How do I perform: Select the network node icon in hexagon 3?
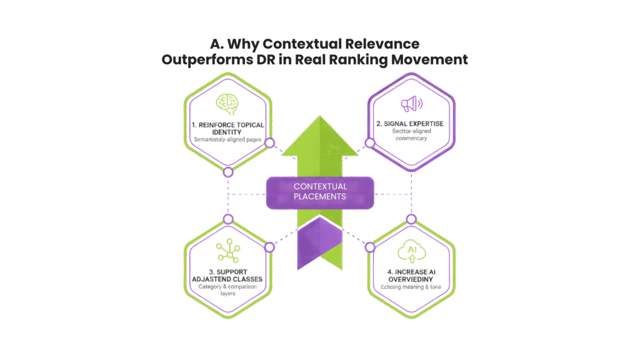[x=229, y=251]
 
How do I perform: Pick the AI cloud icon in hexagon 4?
[x=411, y=250]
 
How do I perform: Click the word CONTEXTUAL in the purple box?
[x=321, y=186]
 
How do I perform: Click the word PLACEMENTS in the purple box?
[x=321, y=196]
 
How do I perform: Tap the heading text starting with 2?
[x=411, y=124]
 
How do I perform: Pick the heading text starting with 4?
[x=410, y=276]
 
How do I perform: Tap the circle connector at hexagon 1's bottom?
[x=228, y=171]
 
